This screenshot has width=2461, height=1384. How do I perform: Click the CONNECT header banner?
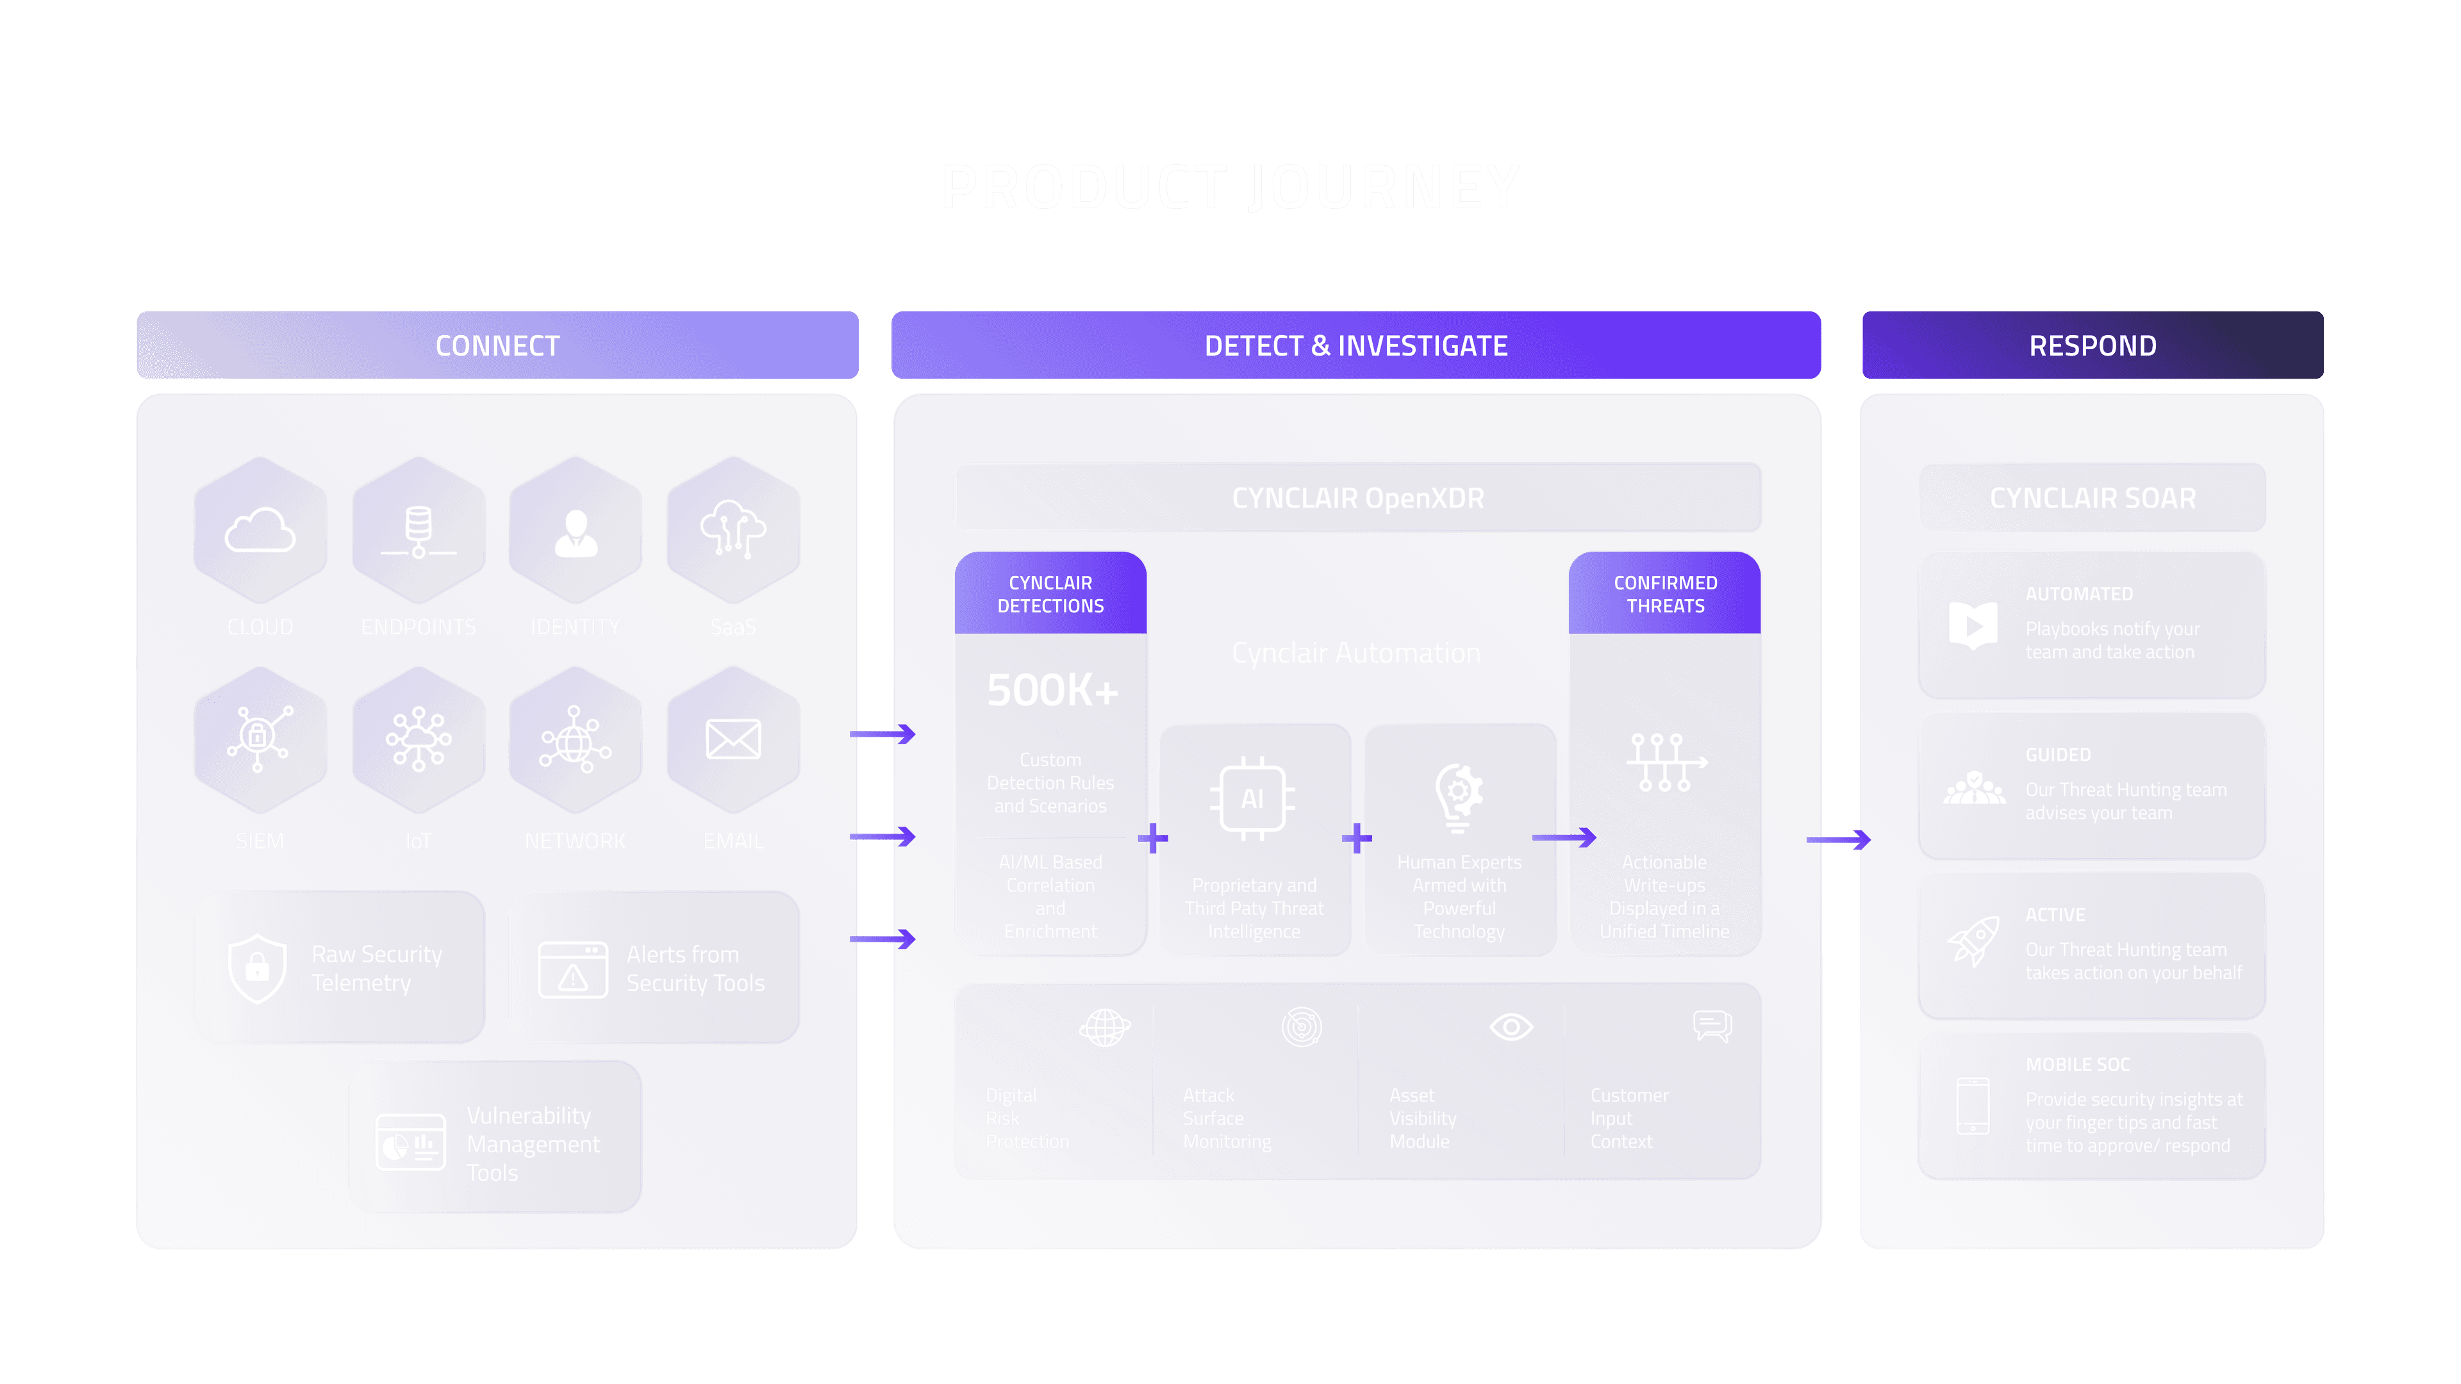point(497,345)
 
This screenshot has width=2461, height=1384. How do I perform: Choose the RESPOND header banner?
point(2092,345)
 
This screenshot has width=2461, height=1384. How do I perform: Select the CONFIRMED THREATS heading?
point(1664,594)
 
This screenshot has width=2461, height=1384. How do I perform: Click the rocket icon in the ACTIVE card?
point(1974,941)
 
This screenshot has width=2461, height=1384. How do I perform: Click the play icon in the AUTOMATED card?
point(1973,625)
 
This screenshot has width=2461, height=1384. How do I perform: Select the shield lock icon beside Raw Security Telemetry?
point(257,968)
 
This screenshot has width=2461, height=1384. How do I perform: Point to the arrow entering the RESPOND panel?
point(1839,839)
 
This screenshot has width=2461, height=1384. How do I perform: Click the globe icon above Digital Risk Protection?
point(1104,1028)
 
